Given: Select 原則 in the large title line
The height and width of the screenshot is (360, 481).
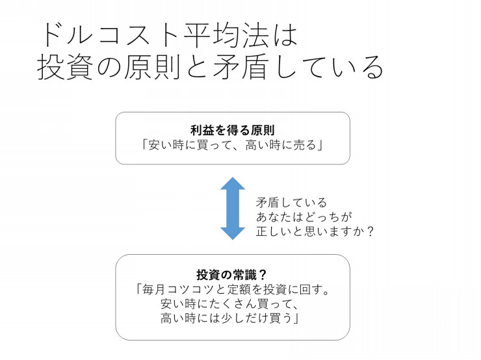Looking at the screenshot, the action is [152, 67].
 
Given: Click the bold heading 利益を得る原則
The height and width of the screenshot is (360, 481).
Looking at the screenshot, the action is [232, 131].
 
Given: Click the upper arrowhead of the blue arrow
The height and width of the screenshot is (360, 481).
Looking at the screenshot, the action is [233, 183].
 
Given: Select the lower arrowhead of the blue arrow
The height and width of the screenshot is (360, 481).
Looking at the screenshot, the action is [233, 233].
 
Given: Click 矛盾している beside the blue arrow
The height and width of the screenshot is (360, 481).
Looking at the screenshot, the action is [291, 202].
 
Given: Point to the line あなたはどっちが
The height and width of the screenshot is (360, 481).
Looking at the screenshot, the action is [304, 217].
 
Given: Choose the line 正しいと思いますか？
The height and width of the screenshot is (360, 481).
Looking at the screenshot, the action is [315, 231].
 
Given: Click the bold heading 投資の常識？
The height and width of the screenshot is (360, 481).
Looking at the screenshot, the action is [231, 275].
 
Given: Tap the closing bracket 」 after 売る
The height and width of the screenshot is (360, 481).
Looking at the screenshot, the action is [320, 146].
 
